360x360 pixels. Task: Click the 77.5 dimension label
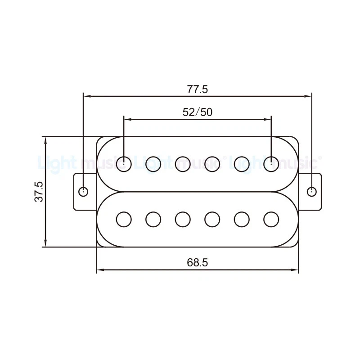point(197,89)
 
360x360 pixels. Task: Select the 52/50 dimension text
point(198,112)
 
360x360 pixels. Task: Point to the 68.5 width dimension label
point(197,262)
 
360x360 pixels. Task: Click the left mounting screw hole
point(83,191)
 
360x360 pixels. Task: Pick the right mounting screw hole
point(311,192)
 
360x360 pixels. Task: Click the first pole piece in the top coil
point(124,164)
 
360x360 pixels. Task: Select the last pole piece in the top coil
point(271,164)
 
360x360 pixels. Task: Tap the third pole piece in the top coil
point(183,164)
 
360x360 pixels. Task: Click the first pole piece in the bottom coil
point(124,220)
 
